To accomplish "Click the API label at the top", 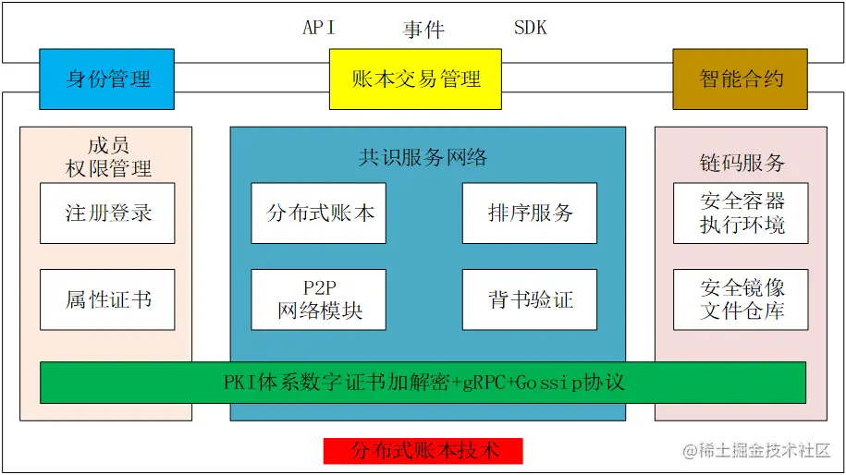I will click(319, 28).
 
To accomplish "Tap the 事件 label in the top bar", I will click(423, 30).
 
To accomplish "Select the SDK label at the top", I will click(530, 28).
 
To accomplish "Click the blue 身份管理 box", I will click(107, 79).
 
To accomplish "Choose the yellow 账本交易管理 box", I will click(415, 79).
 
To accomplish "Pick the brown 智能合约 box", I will click(740, 79).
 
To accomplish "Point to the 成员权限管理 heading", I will click(107, 157).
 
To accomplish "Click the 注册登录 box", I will click(107, 213).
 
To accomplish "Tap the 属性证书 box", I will click(107, 299).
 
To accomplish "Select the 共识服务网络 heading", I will click(423, 157).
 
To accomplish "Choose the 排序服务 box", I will click(530, 213).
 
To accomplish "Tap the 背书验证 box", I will click(530, 299).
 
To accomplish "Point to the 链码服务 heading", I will click(742, 163).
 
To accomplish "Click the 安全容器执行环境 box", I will click(742, 213).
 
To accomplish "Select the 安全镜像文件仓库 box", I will click(742, 299).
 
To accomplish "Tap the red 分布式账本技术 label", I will click(423, 451).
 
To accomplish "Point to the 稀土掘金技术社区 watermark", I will click(757, 451).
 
